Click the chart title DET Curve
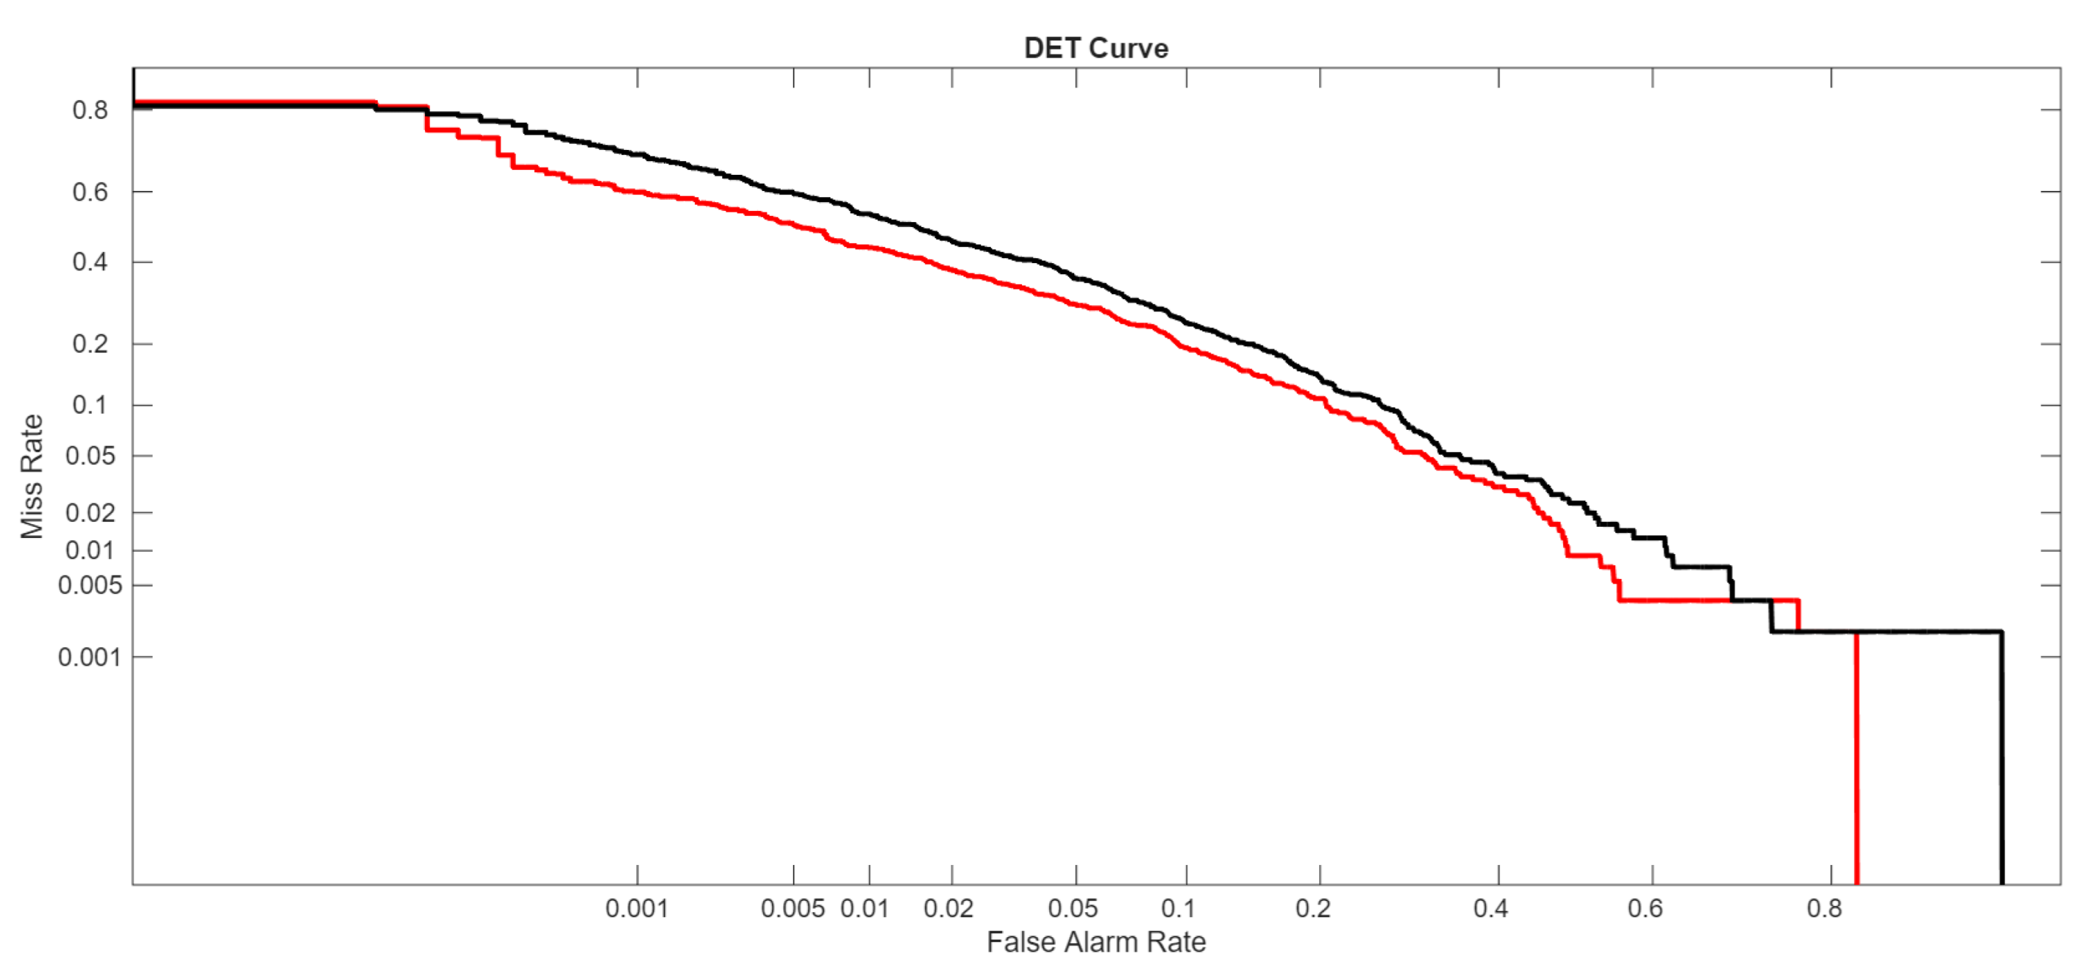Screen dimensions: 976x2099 click(x=1095, y=48)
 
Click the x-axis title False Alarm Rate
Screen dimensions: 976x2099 click(x=1095, y=942)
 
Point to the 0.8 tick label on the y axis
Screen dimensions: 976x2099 click(x=90, y=110)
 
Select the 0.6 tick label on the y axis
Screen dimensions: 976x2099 click(x=90, y=192)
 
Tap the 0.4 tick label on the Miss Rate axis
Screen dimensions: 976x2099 click(x=90, y=262)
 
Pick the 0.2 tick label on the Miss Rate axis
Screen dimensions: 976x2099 click(x=90, y=344)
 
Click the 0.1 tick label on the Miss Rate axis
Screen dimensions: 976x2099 click(x=90, y=405)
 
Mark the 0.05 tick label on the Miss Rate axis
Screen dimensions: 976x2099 click(x=90, y=455)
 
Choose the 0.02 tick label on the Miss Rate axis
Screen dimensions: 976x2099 click(x=90, y=513)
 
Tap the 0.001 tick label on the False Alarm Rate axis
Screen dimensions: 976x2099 click(x=637, y=909)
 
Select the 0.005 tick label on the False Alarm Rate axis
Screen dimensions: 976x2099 click(x=792, y=909)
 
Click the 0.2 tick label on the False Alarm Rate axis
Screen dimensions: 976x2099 click(x=1313, y=909)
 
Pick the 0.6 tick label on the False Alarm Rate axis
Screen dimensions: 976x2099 click(x=1644, y=909)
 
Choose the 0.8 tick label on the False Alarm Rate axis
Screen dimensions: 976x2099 click(x=1823, y=909)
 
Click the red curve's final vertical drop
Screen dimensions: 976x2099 click(x=1856, y=757)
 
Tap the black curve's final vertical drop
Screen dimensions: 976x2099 click(x=2001, y=757)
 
